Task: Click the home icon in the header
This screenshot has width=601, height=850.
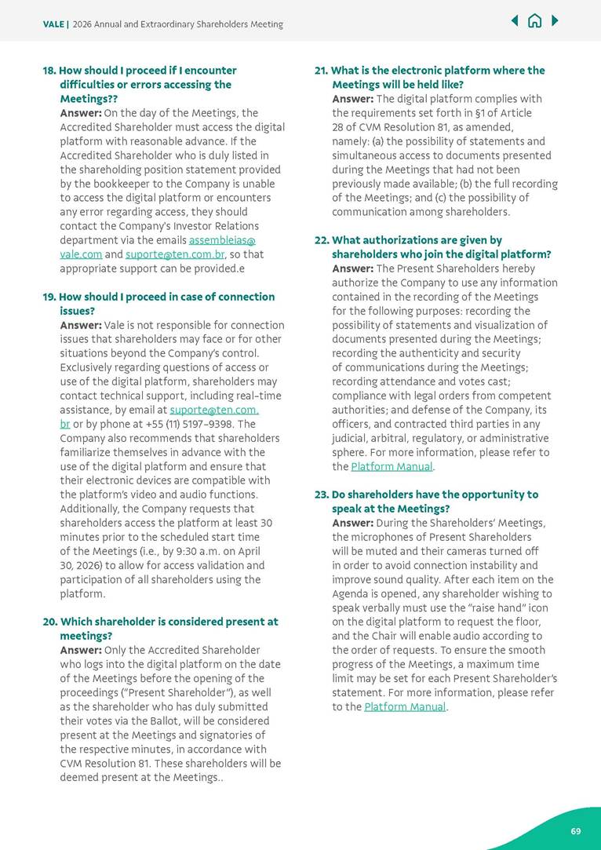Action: [534, 21]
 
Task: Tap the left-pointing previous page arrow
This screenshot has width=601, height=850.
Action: [515, 21]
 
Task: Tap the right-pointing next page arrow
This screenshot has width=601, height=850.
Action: [555, 21]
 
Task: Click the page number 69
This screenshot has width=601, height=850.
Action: [576, 831]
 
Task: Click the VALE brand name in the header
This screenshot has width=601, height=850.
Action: [53, 24]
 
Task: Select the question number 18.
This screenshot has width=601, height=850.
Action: [49, 71]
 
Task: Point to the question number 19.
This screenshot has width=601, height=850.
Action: [49, 297]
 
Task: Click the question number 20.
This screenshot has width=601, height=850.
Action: [49, 622]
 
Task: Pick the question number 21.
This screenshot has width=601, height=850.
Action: [321, 71]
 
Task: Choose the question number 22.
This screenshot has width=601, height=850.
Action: [322, 240]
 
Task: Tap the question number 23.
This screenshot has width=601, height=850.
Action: [322, 494]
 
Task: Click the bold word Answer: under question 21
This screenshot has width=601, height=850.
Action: [352, 99]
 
